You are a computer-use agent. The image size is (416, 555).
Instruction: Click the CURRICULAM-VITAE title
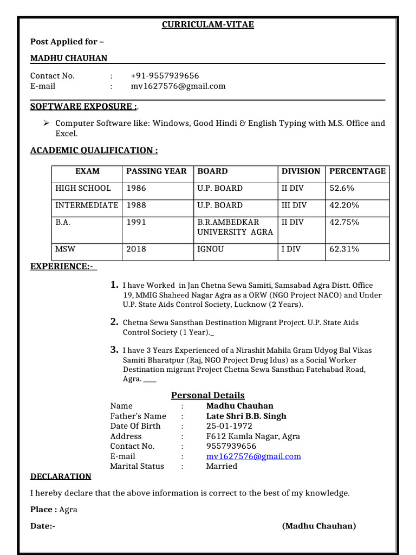click(x=208, y=25)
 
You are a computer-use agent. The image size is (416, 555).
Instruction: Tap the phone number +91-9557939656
click(x=165, y=76)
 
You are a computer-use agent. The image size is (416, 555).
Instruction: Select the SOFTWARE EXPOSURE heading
click(x=83, y=106)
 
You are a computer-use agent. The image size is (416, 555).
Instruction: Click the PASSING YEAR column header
click(x=156, y=171)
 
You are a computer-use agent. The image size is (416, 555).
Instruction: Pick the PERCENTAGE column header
click(x=357, y=171)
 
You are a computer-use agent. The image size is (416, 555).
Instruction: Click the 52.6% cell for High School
click(x=342, y=189)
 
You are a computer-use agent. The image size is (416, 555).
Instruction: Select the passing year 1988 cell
click(x=136, y=205)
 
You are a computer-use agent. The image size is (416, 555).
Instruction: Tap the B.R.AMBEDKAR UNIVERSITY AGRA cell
click(x=235, y=227)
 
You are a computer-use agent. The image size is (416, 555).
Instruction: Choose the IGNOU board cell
click(x=210, y=249)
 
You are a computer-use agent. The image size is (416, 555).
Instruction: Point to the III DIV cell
click(x=294, y=205)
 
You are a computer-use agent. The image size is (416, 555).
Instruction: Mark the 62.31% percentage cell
click(x=344, y=249)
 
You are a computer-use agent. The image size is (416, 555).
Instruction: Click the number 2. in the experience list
click(x=114, y=322)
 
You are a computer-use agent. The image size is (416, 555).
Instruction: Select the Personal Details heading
click(x=208, y=395)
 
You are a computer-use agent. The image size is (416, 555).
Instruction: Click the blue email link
click(x=253, y=456)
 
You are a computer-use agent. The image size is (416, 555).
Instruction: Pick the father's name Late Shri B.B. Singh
click(x=246, y=416)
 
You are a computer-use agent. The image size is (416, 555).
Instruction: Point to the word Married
click(x=222, y=466)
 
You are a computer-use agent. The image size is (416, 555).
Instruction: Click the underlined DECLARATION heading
click(x=61, y=477)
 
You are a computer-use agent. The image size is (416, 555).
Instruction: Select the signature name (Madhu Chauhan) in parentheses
click(x=319, y=526)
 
